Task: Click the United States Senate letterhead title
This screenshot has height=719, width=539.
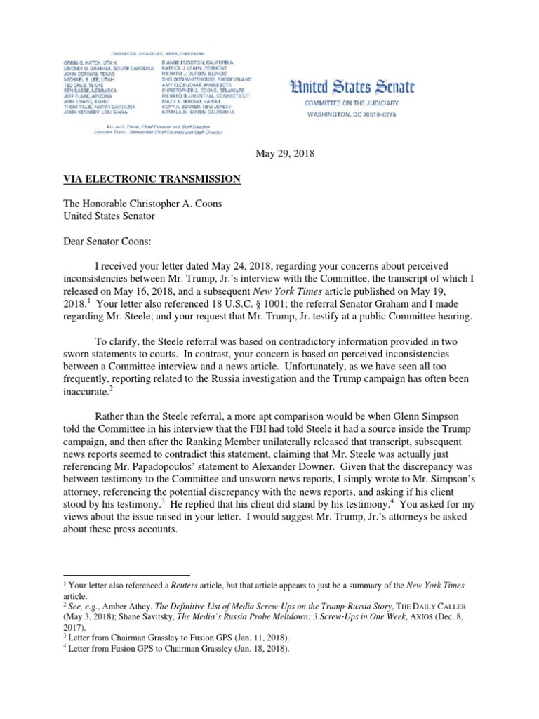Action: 352,87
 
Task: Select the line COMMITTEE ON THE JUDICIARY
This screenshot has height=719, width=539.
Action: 352,103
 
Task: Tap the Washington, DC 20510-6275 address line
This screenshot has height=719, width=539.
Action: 352,112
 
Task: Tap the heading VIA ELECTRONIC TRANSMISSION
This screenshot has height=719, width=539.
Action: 152,179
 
